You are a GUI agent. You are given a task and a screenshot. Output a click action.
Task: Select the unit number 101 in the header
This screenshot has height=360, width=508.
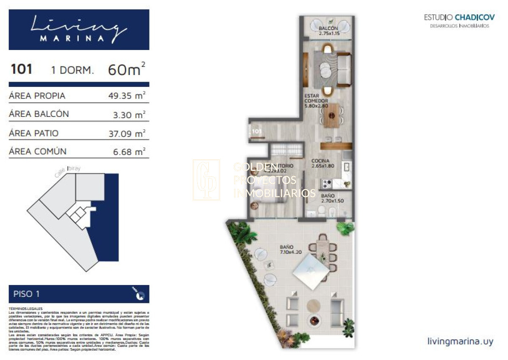[21, 69]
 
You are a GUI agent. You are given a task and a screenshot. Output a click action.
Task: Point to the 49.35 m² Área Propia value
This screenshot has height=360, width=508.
[127, 96]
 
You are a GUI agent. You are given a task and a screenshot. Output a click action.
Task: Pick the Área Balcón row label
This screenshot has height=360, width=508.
[39, 114]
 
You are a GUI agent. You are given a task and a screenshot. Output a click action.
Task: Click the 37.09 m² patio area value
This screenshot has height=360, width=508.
[127, 133]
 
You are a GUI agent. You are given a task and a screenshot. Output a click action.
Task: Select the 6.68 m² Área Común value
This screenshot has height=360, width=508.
[129, 152]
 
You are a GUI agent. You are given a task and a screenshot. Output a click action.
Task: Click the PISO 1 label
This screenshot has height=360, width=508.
[27, 294]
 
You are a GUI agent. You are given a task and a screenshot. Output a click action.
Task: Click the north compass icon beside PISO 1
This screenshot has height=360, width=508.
[140, 295]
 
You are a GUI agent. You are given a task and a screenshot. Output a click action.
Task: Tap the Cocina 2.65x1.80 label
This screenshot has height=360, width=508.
[323, 163]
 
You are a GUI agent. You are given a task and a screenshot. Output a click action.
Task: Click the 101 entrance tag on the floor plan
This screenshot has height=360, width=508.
[257, 131]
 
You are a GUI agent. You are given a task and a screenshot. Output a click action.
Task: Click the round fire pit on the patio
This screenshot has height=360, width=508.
[314, 320]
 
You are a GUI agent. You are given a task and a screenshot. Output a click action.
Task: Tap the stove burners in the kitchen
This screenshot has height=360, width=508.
[327, 183]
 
